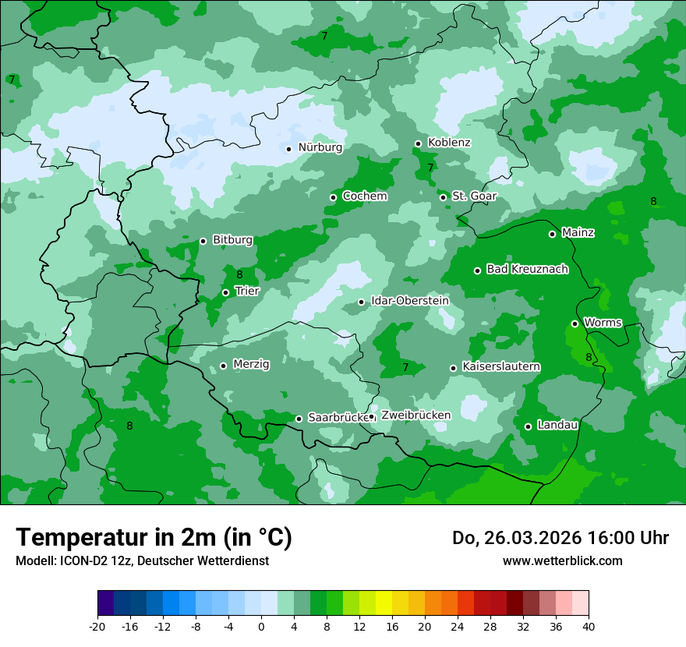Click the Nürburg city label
320,147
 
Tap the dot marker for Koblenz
418,143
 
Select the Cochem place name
364,196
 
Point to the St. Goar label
474,196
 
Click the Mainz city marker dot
552,234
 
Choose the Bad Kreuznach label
527,270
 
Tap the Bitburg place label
232,240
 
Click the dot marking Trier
225,293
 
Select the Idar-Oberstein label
409,301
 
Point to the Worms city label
603,323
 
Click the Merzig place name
251,365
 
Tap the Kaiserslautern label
500,367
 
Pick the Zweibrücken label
415,415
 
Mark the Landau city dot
528,426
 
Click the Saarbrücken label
338,418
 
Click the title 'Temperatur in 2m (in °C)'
154,538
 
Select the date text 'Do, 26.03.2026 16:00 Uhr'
560,538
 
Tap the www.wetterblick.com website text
562,561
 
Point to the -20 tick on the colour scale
97,627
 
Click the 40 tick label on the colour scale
589,627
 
